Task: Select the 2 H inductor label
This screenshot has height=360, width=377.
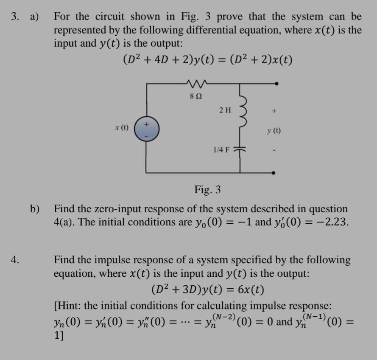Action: [x=226, y=110]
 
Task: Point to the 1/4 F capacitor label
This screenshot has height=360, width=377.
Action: [x=221, y=149]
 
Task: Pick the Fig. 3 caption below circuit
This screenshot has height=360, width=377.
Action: [x=207, y=189]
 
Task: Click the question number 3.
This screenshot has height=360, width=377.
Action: [x=15, y=17]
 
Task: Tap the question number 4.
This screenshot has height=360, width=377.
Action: [x=15, y=260]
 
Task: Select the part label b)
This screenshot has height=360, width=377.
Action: [x=35, y=209]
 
